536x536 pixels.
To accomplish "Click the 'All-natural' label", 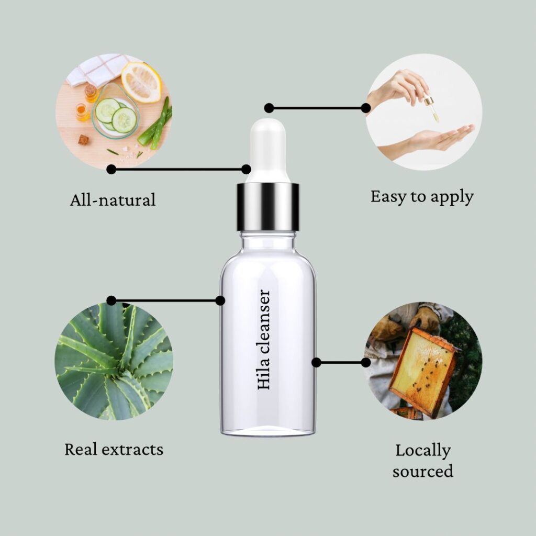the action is pyautogui.click(x=113, y=200).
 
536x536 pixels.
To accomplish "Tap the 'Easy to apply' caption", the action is pyautogui.click(x=422, y=197).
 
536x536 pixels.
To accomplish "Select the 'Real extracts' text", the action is pyautogui.click(x=114, y=449).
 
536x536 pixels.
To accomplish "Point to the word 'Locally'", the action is pyautogui.click(x=423, y=451).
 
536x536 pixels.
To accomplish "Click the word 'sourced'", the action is pyautogui.click(x=423, y=471).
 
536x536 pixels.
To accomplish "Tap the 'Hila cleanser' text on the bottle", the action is pyautogui.click(x=264, y=339).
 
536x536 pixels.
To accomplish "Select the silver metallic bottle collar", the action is pyautogui.click(x=268, y=207).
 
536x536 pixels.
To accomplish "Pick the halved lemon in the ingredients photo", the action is pyautogui.click(x=141, y=82).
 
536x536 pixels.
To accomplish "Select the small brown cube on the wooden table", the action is pyautogui.click(x=83, y=139).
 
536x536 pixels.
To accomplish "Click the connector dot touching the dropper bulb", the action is pyautogui.click(x=246, y=169).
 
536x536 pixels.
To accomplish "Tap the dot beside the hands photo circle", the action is pyautogui.click(x=366, y=108).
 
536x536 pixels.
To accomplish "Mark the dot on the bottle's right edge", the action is pyautogui.click(x=316, y=362).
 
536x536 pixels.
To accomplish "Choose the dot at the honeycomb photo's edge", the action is pyautogui.click(x=366, y=362).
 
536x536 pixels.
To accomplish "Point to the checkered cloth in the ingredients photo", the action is pyautogui.click(x=97, y=70).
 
